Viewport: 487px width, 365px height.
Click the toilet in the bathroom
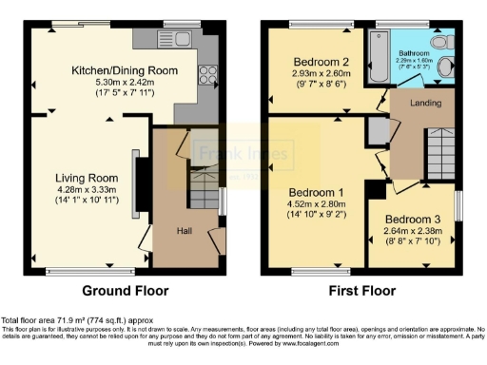coord(439,43)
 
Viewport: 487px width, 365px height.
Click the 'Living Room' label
coord(86,178)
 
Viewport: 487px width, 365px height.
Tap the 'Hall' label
coord(185,229)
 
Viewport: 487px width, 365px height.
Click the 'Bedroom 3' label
coord(414,217)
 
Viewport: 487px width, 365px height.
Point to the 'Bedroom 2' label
coord(317,62)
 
